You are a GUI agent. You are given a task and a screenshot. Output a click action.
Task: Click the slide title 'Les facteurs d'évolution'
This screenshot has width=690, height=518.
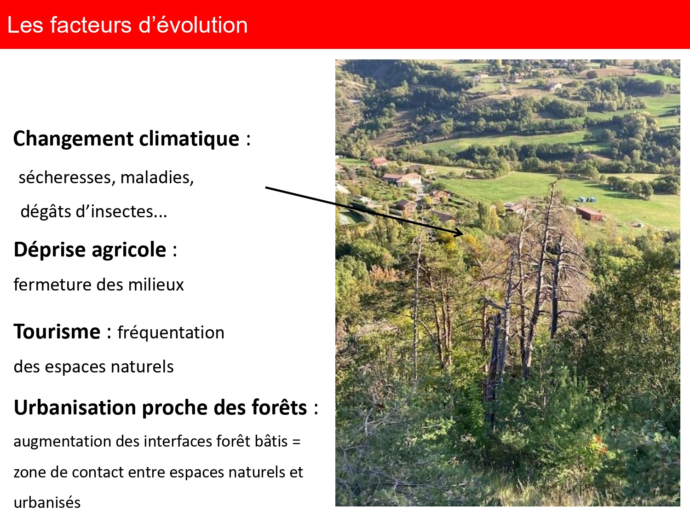tap(127, 25)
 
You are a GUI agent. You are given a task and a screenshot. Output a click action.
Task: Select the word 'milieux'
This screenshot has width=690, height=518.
tap(156, 285)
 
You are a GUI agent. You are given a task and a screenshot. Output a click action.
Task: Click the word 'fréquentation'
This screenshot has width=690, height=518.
tap(171, 332)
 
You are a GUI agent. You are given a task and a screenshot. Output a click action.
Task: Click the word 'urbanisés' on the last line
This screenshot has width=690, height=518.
tap(47, 502)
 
